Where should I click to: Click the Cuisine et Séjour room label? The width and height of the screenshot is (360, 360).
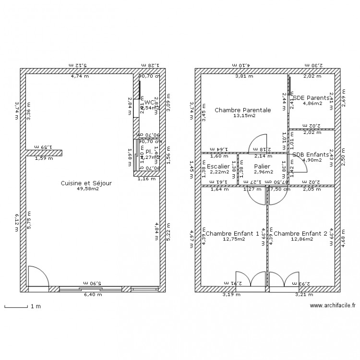click(x=86, y=183)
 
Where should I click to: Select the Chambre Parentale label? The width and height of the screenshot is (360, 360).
click(x=242, y=110)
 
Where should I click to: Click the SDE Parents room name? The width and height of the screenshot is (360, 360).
click(x=311, y=97)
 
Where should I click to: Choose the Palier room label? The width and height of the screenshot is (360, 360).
click(x=262, y=166)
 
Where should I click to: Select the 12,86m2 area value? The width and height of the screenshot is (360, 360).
click(x=300, y=239)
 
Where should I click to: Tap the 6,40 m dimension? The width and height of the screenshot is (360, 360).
click(x=93, y=295)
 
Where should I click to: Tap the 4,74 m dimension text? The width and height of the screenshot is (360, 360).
click(x=79, y=76)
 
